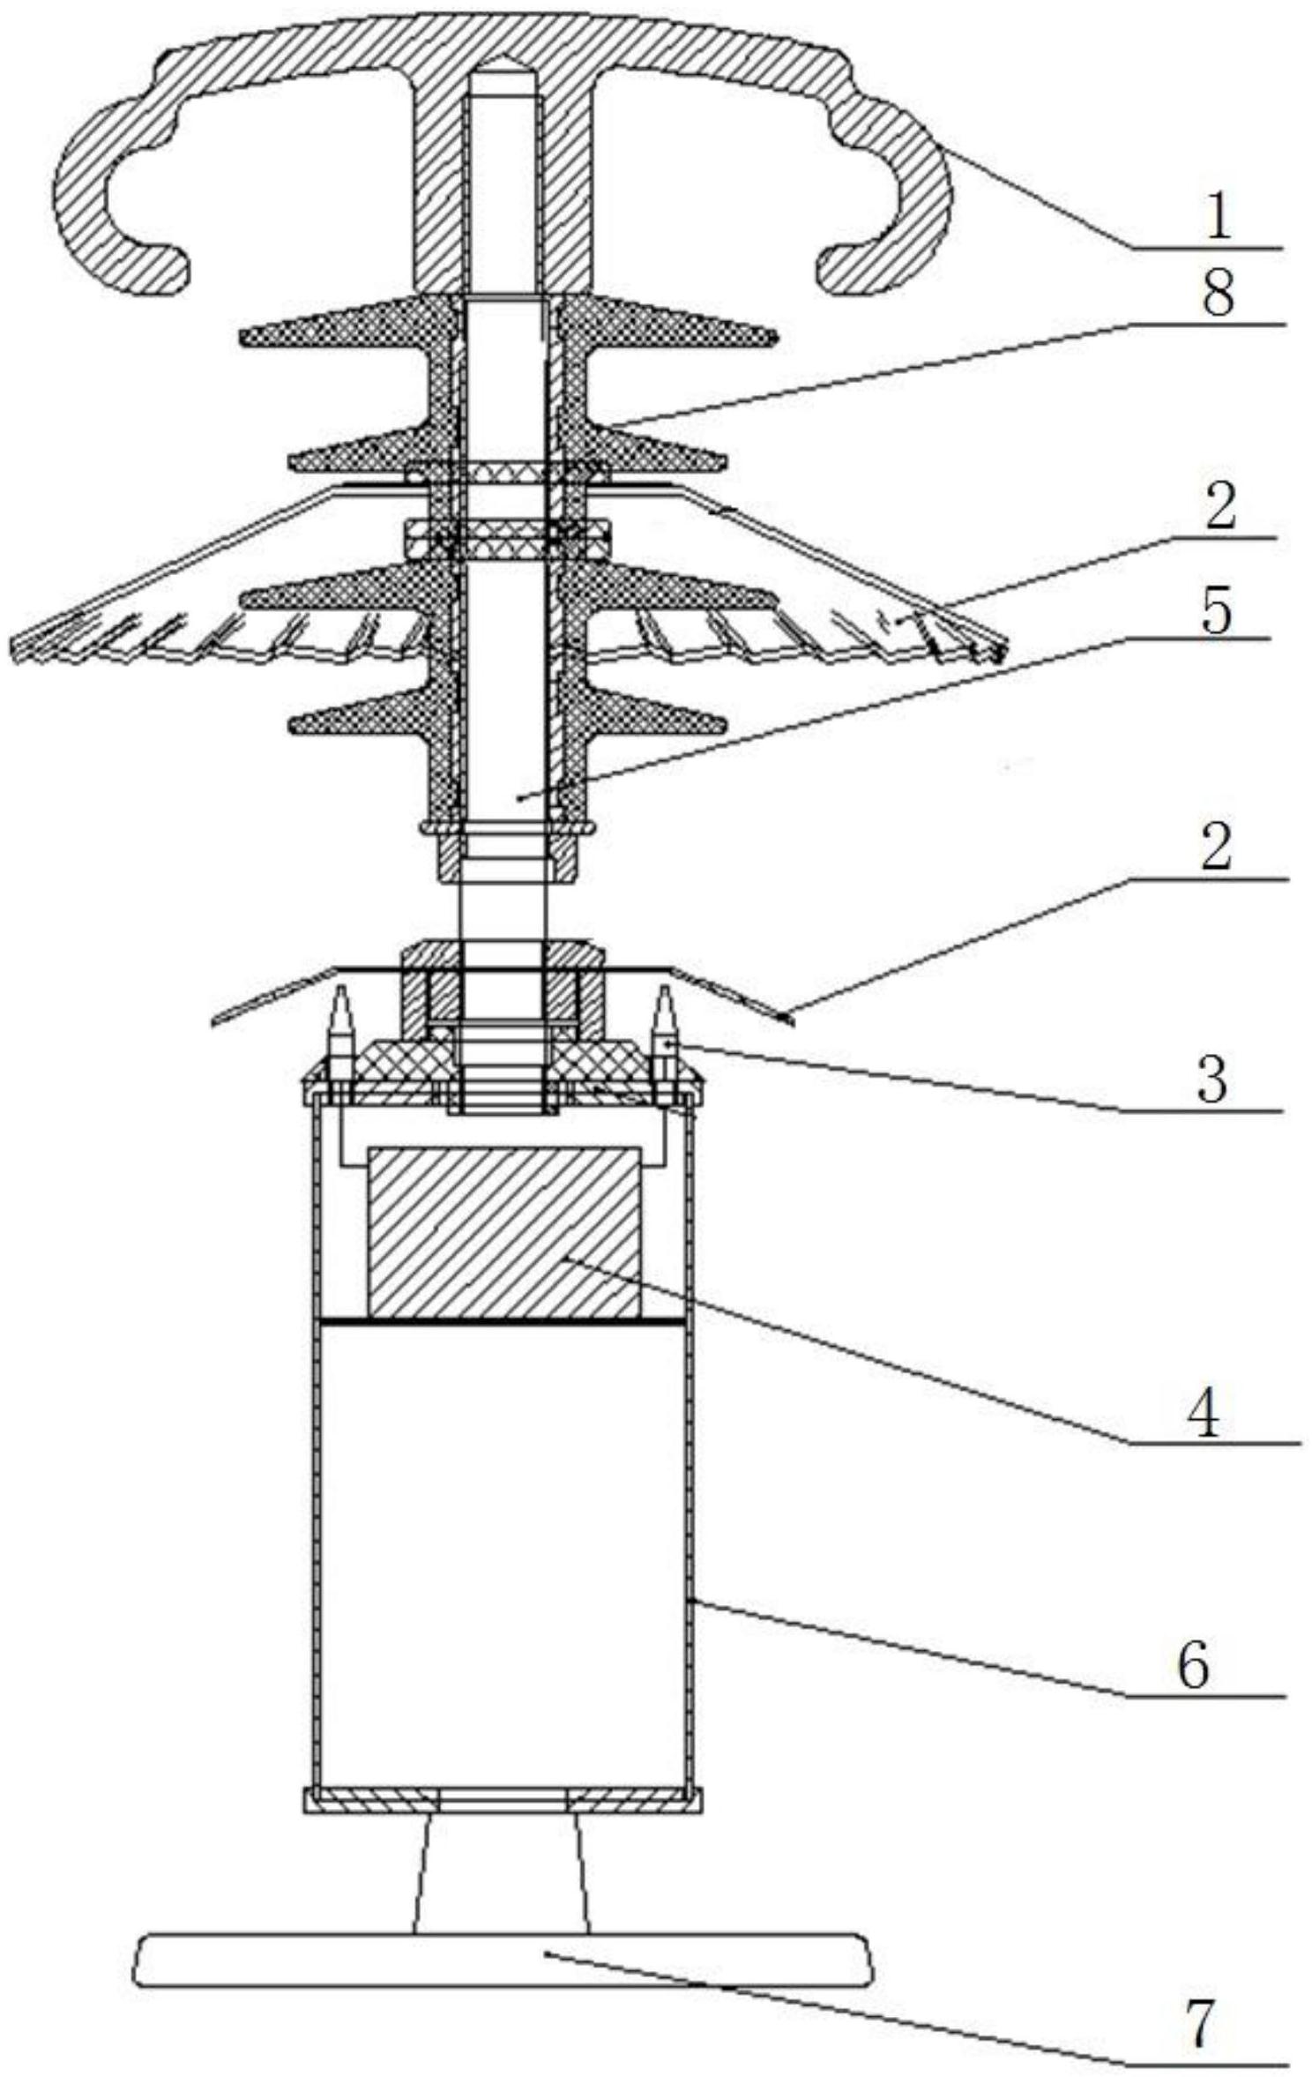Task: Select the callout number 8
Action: [x=1218, y=294]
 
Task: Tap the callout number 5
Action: [x=1216, y=611]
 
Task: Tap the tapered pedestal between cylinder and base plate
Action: [x=500, y=1870]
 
